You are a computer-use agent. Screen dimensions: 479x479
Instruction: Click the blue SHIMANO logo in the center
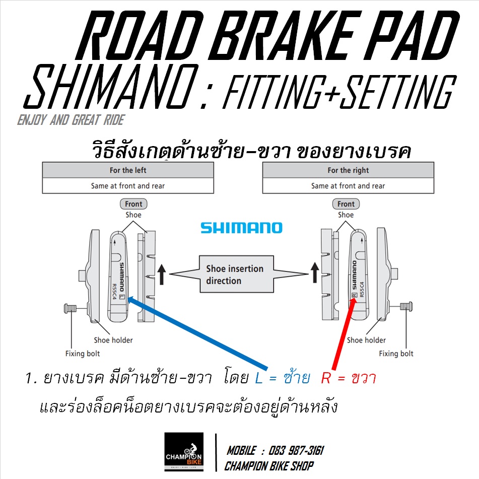coord(241,228)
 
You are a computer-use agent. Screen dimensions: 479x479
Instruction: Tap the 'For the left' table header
coord(128,170)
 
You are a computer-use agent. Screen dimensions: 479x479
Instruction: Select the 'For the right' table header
coord(348,170)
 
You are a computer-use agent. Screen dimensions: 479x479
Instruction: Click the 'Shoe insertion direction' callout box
coord(235,275)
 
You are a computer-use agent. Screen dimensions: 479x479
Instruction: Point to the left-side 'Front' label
coord(133,204)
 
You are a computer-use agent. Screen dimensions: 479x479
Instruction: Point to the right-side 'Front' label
coord(346,204)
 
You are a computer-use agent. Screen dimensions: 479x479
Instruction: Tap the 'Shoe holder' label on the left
coord(113,340)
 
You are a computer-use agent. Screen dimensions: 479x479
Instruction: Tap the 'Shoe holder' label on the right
coord(366,340)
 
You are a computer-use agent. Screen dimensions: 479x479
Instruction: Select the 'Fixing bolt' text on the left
coord(83,354)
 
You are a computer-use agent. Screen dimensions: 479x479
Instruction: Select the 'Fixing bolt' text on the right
coord(396,354)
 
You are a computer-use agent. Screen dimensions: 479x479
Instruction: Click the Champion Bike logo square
coord(184,452)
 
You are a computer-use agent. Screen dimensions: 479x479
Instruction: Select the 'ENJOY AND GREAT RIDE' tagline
coord(71,120)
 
